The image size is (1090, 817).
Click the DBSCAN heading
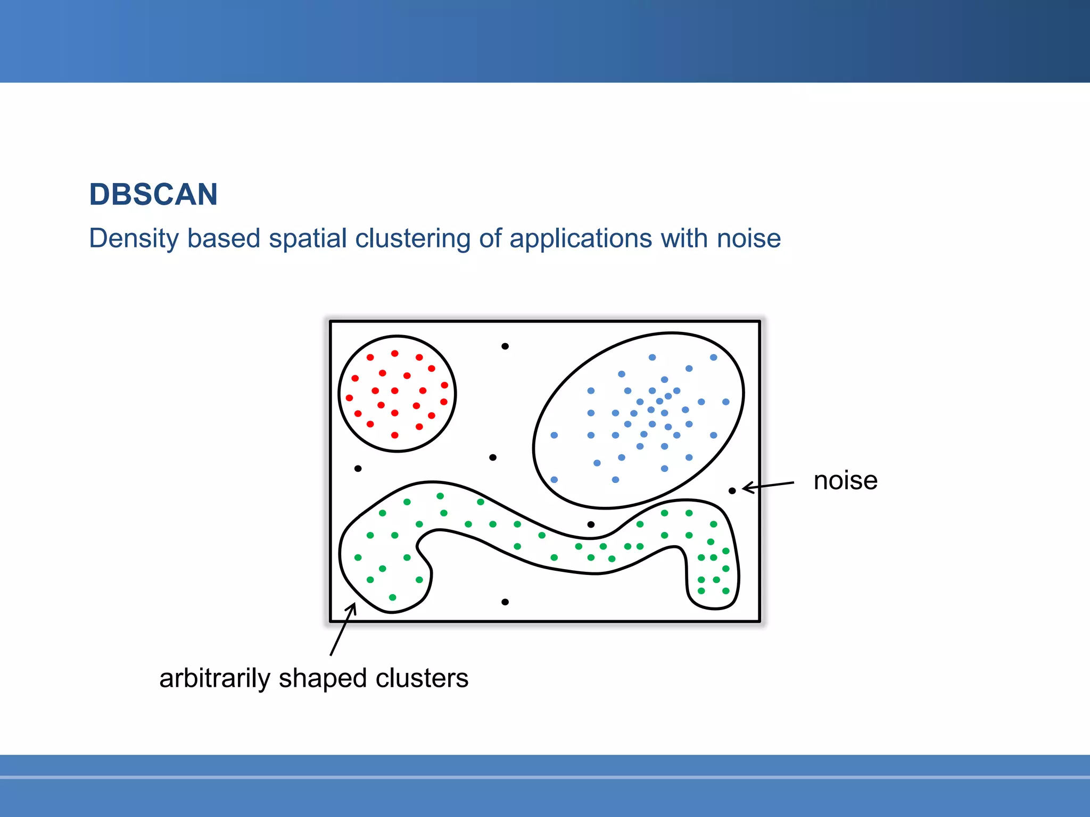coord(153,195)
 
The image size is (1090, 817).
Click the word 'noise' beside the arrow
coord(845,481)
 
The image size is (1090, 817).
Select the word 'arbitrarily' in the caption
coord(215,678)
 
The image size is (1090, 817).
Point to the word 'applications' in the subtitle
coord(580,238)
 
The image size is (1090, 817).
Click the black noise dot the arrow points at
coord(732,490)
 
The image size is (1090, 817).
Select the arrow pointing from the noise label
coord(768,486)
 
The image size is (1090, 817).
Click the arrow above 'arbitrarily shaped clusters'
coord(342,630)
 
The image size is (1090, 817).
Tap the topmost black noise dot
coord(505,346)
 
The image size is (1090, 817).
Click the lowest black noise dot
coord(505,602)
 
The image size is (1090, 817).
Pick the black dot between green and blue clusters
coord(591,524)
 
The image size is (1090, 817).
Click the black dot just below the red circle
coord(358,469)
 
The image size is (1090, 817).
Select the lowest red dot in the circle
coord(395,435)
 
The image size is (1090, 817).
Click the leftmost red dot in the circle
coord(349,398)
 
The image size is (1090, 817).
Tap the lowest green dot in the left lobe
coord(393,597)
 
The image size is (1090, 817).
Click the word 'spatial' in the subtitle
coord(308,238)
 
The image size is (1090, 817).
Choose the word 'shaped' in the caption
coord(323,679)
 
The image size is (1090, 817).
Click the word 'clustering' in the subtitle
coord(412,238)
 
